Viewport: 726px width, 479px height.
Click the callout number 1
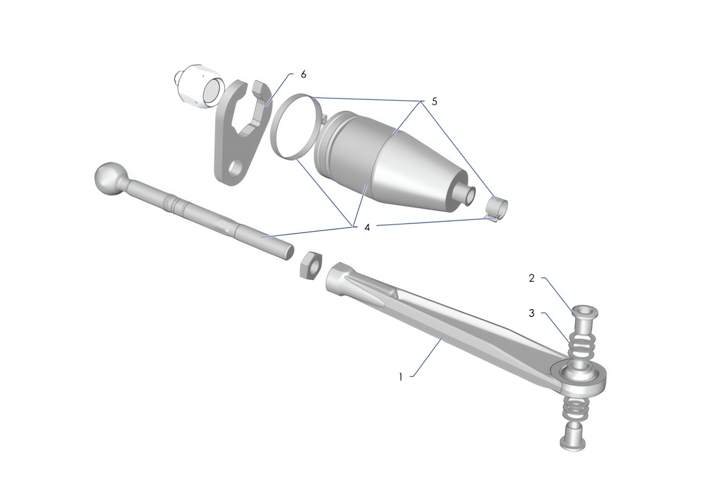401,377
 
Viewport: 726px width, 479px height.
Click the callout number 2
532,278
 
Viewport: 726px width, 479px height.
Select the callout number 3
532,313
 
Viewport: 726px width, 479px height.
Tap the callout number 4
367,228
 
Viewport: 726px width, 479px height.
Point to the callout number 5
434,102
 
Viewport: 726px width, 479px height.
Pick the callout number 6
303,74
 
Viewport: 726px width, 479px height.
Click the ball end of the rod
107,177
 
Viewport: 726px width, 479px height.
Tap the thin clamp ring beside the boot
295,127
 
